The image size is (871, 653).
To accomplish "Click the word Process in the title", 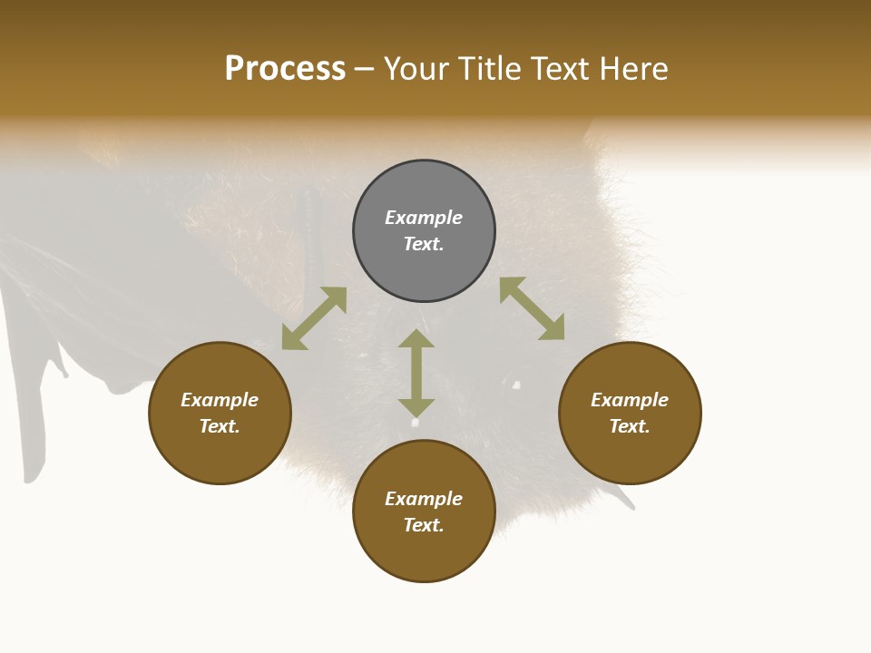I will [x=285, y=69].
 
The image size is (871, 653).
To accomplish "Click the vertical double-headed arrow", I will [x=416, y=373].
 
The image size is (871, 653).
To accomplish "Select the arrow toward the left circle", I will [x=314, y=318].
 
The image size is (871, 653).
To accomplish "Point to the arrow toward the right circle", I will [x=533, y=308].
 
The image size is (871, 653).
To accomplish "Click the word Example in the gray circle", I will [x=424, y=218].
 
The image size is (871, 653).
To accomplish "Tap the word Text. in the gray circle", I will [x=424, y=244].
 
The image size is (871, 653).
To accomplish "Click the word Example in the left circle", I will [x=220, y=400].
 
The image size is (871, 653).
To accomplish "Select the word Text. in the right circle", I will [x=630, y=426].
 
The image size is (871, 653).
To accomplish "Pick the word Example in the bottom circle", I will [x=424, y=499].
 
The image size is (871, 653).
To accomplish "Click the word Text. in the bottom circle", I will [x=424, y=525].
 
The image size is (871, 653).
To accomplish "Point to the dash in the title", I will [x=364, y=69].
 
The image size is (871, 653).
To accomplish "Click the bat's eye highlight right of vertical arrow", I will [x=516, y=385].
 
